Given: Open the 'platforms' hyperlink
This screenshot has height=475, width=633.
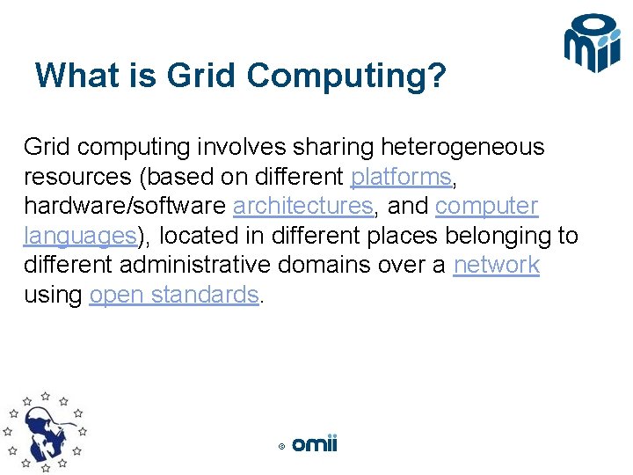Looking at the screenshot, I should pyautogui.click(x=401, y=177).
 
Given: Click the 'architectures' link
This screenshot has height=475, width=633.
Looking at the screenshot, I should pyautogui.click(x=302, y=206).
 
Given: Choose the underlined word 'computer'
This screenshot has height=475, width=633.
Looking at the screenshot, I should pyautogui.click(x=486, y=206).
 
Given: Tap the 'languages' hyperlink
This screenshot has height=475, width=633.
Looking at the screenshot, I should pyautogui.click(x=79, y=236).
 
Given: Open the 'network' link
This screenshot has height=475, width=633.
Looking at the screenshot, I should pyautogui.click(x=496, y=265).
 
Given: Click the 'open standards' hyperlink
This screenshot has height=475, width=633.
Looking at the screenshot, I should pyautogui.click(x=174, y=295).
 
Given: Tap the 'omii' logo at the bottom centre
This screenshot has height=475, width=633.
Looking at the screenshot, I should pyautogui.click(x=314, y=444).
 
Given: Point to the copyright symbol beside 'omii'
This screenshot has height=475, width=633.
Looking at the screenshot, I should pyautogui.click(x=281, y=446).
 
